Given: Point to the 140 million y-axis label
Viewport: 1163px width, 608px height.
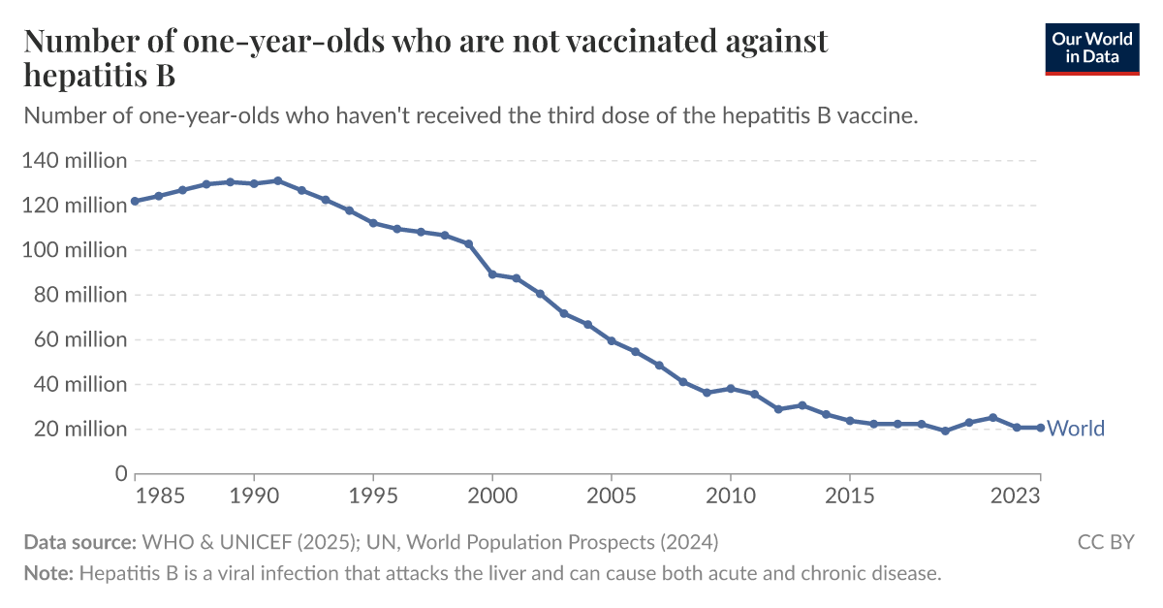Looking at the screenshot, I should (75, 161).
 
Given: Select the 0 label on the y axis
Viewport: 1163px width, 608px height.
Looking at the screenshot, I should (120, 473).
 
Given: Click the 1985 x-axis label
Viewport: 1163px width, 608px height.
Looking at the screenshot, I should (160, 495).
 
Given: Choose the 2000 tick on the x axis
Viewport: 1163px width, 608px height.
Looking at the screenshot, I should (492, 495).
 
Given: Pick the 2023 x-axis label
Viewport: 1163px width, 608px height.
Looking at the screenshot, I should (1016, 495).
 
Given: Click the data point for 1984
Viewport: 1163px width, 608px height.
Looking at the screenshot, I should (135, 201).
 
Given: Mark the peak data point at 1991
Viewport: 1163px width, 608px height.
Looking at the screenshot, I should (277, 180).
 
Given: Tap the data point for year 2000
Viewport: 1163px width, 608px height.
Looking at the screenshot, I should (492, 274).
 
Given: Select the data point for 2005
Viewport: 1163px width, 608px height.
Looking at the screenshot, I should (612, 340).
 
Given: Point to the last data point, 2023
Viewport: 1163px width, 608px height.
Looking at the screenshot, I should (1040, 428).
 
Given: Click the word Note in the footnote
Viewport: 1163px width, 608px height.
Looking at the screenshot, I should (47, 573).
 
